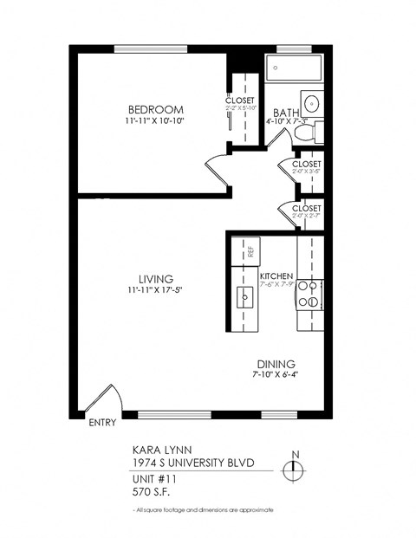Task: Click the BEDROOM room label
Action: point(156,109)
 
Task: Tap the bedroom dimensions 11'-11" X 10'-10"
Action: point(156,122)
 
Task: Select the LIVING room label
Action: point(156,278)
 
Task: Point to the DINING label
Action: point(276,364)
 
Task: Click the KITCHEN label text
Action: point(277,276)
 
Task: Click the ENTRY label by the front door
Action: point(103,424)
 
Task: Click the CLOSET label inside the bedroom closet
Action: point(240,100)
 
